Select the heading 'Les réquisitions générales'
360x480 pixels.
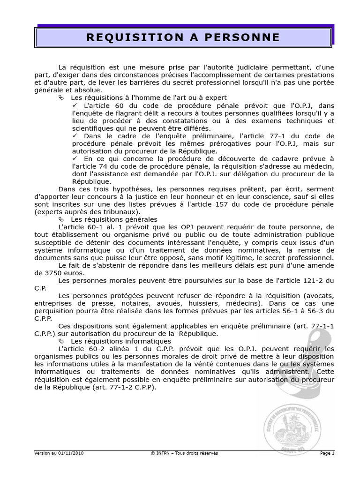(x=114, y=219)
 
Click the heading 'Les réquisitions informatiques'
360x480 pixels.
(x=120, y=341)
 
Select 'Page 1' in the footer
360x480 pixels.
(x=327, y=453)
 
